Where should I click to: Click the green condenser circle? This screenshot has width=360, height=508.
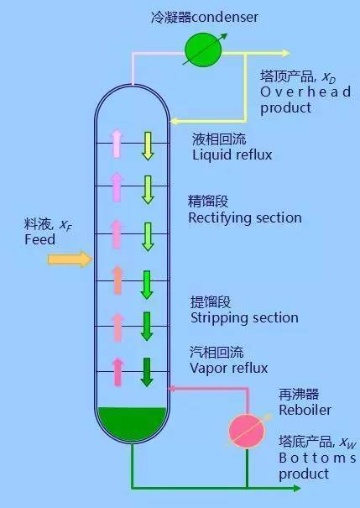(x=203, y=50)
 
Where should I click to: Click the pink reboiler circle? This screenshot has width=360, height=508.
(x=247, y=431)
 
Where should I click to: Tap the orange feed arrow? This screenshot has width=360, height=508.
(x=70, y=259)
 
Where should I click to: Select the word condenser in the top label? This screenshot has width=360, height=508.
(x=226, y=17)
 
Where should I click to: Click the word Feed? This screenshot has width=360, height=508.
(x=39, y=239)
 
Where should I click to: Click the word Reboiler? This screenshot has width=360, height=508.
(x=305, y=410)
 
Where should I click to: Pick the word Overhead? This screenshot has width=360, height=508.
(x=305, y=92)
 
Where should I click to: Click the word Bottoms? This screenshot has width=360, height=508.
(x=317, y=458)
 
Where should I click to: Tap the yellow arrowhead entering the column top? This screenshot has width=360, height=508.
(x=174, y=122)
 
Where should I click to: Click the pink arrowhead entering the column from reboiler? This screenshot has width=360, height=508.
(x=172, y=388)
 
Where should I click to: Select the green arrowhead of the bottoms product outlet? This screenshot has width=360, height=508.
(x=297, y=488)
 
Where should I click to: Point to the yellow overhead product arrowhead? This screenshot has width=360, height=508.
(x=285, y=53)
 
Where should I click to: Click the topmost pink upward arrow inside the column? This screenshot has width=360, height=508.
(x=117, y=144)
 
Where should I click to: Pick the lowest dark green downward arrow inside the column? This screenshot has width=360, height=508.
(x=147, y=372)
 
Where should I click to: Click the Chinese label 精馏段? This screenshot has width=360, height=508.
(x=208, y=202)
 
